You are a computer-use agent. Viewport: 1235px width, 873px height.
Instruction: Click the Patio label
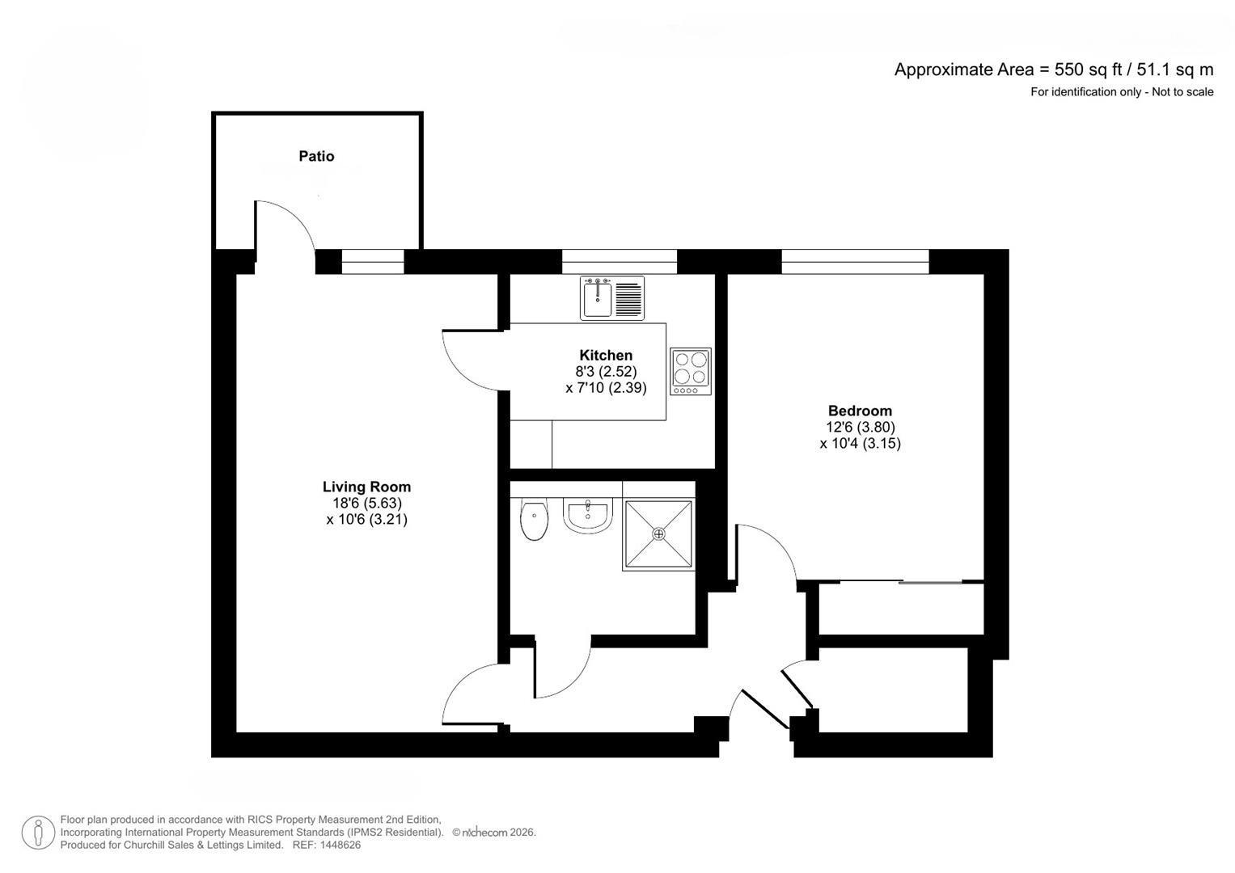point(316,156)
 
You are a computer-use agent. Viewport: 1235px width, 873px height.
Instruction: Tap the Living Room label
point(366,487)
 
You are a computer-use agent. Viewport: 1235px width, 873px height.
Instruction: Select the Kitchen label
point(606,355)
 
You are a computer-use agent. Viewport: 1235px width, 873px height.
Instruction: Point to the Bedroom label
point(860,411)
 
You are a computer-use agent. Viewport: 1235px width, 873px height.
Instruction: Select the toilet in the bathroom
point(535,521)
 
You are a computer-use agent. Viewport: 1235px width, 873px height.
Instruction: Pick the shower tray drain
point(658,533)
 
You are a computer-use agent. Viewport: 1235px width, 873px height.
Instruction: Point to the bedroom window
point(855,261)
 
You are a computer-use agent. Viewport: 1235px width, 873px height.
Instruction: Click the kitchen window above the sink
point(619,261)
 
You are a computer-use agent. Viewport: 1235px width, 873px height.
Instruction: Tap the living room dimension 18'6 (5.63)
point(366,503)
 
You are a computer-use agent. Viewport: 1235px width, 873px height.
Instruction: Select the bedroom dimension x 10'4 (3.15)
point(860,443)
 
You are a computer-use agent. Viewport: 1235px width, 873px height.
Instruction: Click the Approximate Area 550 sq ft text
point(1053,70)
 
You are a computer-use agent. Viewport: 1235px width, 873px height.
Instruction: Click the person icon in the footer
point(38,833)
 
